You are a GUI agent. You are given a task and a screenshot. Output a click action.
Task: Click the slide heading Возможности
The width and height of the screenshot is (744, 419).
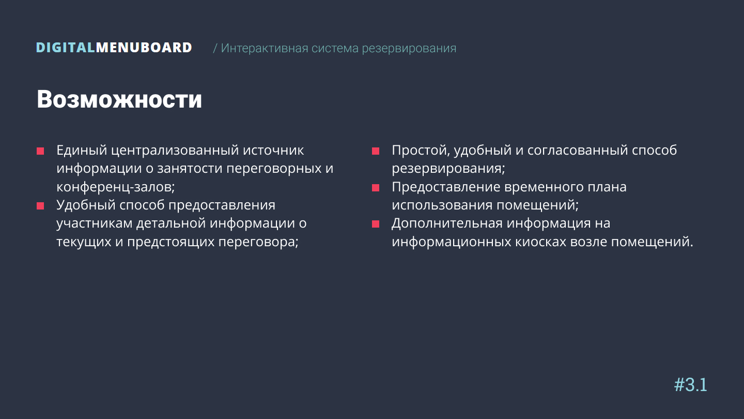click(x=119, y=99)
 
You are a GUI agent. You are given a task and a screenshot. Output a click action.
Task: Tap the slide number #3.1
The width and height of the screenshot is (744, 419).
click(x=690, y=385)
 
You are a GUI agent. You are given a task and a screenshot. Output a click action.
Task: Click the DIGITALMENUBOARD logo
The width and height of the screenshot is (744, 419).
click(x=114, y=48)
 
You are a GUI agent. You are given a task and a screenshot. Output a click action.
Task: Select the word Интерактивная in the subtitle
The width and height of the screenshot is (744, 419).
click(x=265, y=48)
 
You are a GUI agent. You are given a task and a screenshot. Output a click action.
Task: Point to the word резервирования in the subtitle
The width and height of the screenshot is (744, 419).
click(x=409, y=49)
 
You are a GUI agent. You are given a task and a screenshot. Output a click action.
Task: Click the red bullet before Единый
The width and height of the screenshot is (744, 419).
click(x=40, y=151)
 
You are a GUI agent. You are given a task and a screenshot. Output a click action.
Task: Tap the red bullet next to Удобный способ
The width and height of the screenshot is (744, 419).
click(x=40, y=206)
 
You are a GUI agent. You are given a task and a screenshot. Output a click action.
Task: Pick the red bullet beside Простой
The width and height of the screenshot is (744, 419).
click(x=375, y=151)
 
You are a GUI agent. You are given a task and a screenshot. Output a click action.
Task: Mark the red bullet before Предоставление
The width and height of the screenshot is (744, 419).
click(x=375, y=188)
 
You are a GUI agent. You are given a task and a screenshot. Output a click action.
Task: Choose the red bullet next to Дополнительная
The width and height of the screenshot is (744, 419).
click(x=375, y=224)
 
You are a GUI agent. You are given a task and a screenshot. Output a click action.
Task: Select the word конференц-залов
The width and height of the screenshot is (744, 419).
click(x=116, y=187)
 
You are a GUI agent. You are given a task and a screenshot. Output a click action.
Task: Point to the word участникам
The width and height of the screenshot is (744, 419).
click(x=95, y=223)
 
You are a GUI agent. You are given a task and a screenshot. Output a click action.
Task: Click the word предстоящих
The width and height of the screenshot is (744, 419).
click(x=171, y=242)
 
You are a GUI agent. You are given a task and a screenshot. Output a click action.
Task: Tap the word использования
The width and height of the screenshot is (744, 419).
click(x=442, y=205)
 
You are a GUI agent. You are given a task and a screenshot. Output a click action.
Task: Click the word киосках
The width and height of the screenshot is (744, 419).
click(x=541, y=242)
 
